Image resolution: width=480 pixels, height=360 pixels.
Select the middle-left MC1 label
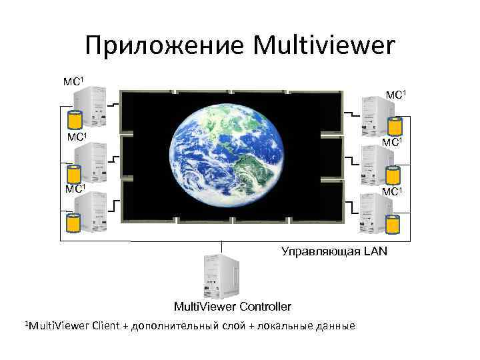(x=77, y=137)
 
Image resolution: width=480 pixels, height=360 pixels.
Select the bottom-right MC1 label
(x=394, y=192)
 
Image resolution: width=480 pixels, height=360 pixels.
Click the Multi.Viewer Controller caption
(x=231, y=307)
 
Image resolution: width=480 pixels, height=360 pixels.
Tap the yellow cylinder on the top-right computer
(x=395, y=125)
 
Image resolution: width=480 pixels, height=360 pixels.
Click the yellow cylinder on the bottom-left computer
(x=74, y=225)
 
